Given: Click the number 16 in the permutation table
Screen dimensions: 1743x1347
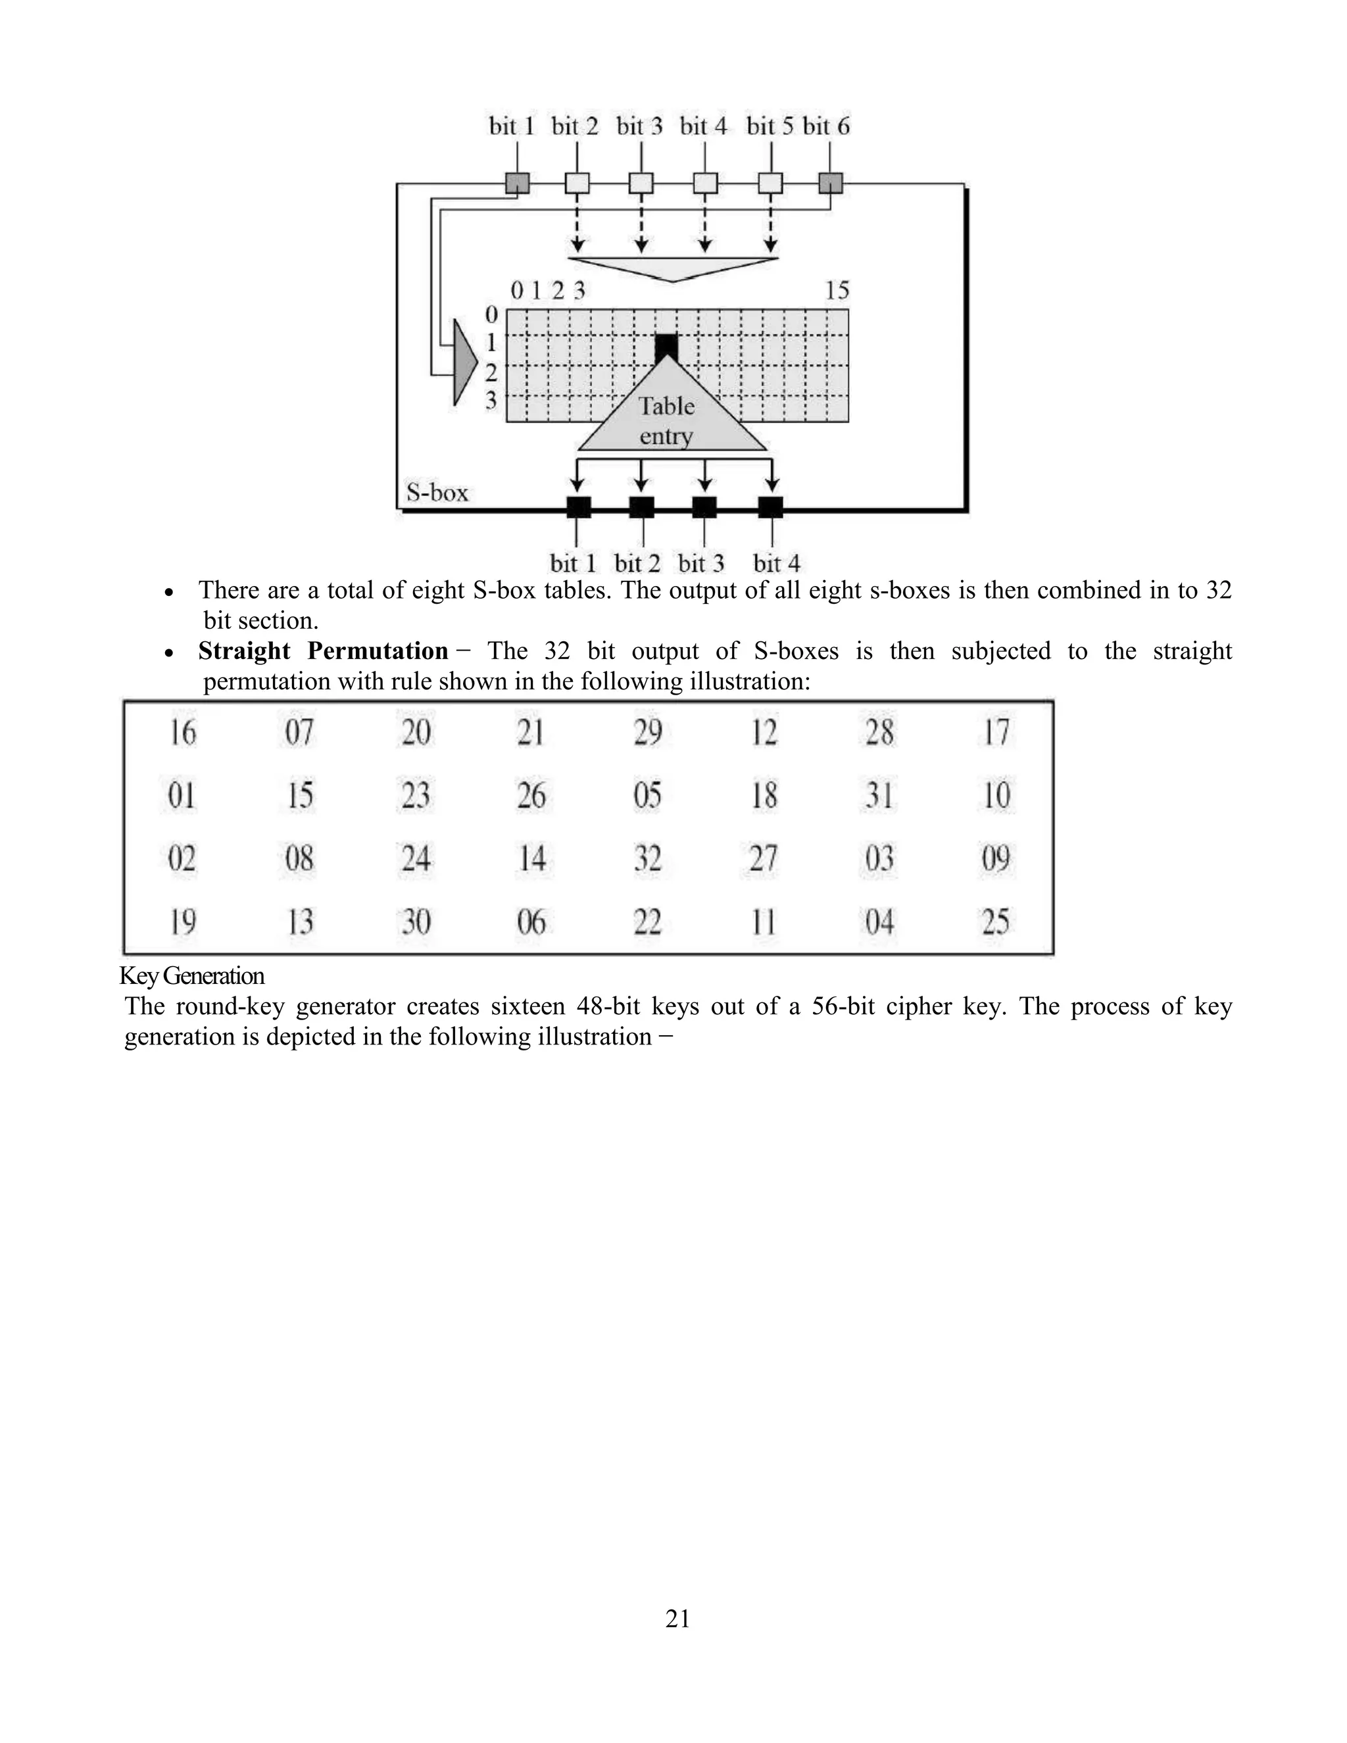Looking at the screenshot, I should click(x=183, y=732).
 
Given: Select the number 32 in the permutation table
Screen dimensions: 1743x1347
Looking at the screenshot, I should click(x=647, y=859).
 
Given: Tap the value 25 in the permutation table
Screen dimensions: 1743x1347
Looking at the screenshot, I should click(x=995, y=921).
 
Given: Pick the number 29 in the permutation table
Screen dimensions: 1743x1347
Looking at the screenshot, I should click(x=647, y=732).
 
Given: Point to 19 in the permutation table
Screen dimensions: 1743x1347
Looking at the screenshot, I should click(x=183, y=921).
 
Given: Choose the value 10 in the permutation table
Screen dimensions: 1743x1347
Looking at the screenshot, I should click(x=996, y=795).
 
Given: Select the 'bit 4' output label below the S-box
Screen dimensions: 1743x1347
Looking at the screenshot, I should click(x=775, y=564).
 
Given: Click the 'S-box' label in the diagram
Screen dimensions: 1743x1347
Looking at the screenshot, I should click(x=437, y=493).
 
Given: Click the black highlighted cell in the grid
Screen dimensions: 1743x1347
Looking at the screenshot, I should click(x=666, y=347).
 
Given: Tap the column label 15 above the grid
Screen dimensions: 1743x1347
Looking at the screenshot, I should click(x=837, y=291).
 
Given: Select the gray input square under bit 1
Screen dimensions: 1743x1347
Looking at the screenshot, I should click(x=517, y=184).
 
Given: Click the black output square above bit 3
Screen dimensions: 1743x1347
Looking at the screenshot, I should click(x=704, y=506).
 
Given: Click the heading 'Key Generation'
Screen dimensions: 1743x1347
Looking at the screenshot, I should click(x=191, y=976).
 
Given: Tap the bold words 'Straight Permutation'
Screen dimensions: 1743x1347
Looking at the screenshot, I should click(x=323, y=651).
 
